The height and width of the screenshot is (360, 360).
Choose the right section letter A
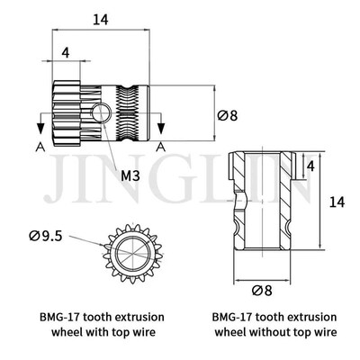[x=159, y=146]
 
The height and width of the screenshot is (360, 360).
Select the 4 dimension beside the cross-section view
[x=310, y=166]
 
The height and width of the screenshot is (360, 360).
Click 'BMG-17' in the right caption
[x=231, y=317]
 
